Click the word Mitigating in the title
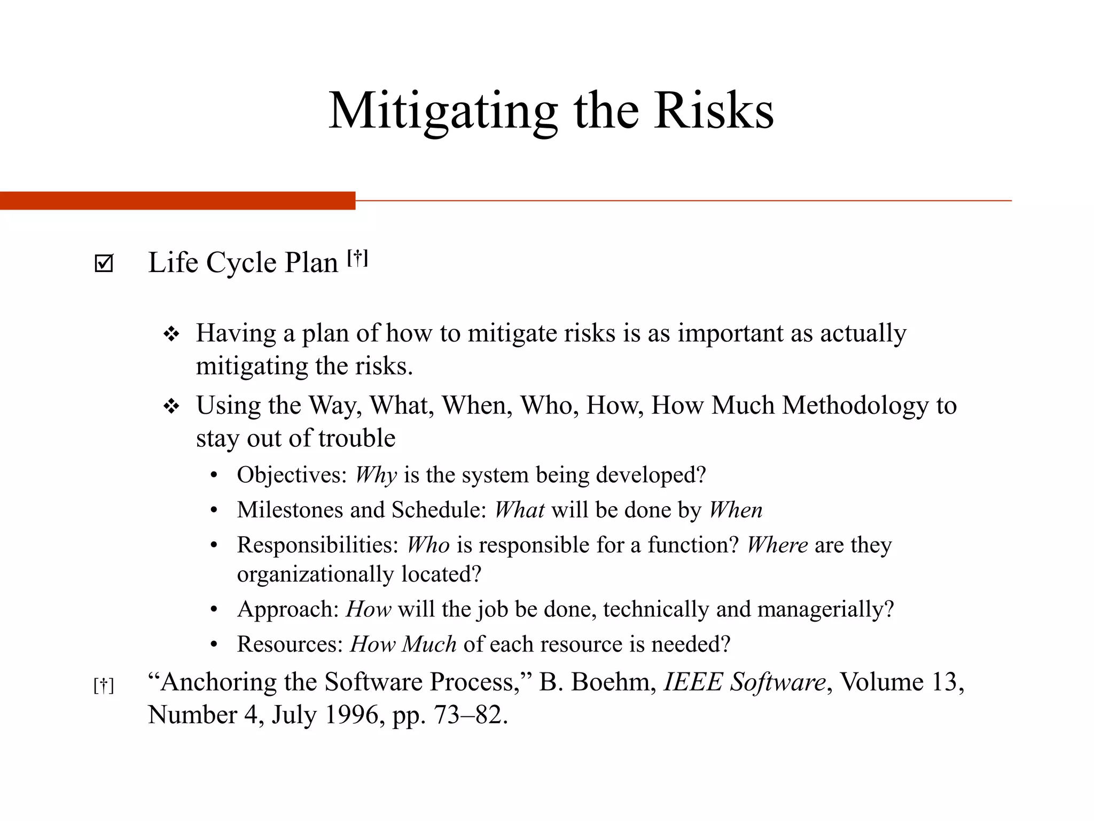pyautogui.click(x=442, y=111)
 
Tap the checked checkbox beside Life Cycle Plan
pyautogui.click(x=104, y=263)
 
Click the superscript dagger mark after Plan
pyautogui.click(x=357, y=258)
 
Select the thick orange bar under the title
pyautogui.click(x=177, y=200)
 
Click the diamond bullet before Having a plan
pyautogui.click(x=171, y=335)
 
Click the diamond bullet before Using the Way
pyautogui.click(x=171, y=407)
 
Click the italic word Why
pyautogui.click(x=376, y=475)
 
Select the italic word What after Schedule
pyautogui.click(x=519, y=510)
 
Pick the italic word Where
pyautogui.click(x=777, y=545)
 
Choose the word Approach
pyautogui.click(x=288, y=609)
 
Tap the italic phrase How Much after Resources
pyautogui.click(x=403, y=644)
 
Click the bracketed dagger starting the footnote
pyautogui.click(x=104, y=685)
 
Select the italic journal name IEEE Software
pyautogui.click(x=745, y=683)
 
